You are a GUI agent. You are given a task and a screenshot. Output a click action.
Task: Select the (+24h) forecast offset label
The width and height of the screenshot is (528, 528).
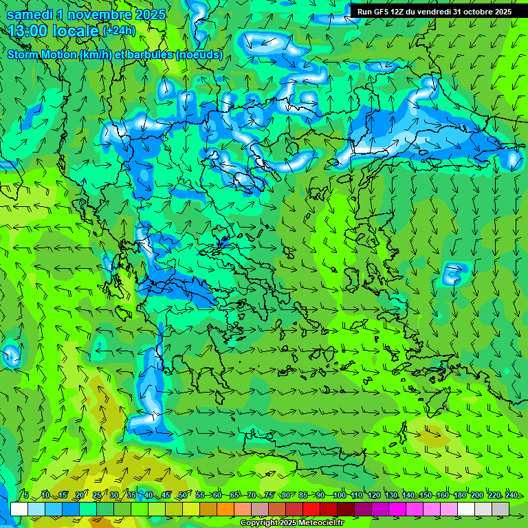119,31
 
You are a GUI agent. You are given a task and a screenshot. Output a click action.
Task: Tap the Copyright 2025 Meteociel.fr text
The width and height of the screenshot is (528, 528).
291,523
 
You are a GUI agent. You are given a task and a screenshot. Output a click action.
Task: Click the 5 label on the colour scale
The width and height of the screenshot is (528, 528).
25,495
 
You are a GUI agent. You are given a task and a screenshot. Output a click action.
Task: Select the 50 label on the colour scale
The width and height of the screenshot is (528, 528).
182,495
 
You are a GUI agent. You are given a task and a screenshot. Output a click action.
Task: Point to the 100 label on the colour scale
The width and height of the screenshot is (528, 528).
339,495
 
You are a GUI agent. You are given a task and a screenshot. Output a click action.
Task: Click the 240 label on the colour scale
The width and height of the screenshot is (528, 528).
511,495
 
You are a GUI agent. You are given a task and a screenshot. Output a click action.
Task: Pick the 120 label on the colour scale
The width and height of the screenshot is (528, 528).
373,495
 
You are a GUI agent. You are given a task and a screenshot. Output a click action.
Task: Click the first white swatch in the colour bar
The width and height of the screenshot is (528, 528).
19,509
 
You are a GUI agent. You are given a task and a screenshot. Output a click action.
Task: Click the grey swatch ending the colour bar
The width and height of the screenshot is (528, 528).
500,509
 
